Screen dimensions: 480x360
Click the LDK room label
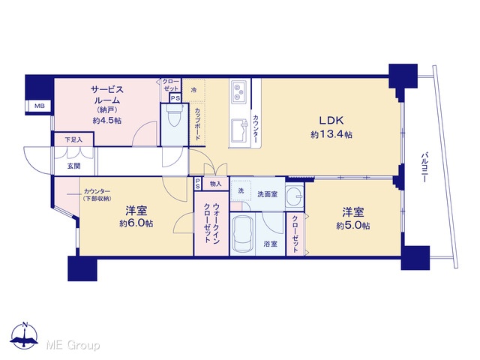331,120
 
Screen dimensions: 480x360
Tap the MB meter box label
39,106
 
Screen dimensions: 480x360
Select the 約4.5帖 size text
107,120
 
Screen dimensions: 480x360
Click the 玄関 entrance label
73,166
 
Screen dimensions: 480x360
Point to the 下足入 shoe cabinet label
73,140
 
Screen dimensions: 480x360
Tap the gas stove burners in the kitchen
239,91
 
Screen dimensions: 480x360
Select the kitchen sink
239,130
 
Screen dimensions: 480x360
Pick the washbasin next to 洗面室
295,196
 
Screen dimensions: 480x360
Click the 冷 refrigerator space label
193,90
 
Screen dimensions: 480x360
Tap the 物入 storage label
215,184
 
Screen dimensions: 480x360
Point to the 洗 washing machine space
241,190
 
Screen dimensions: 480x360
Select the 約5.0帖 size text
353,226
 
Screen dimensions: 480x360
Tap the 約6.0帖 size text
136,223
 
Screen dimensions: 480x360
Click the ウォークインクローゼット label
211,223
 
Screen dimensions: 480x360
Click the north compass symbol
25,335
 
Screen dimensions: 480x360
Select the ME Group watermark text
73,345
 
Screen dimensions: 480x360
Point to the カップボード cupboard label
197,124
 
